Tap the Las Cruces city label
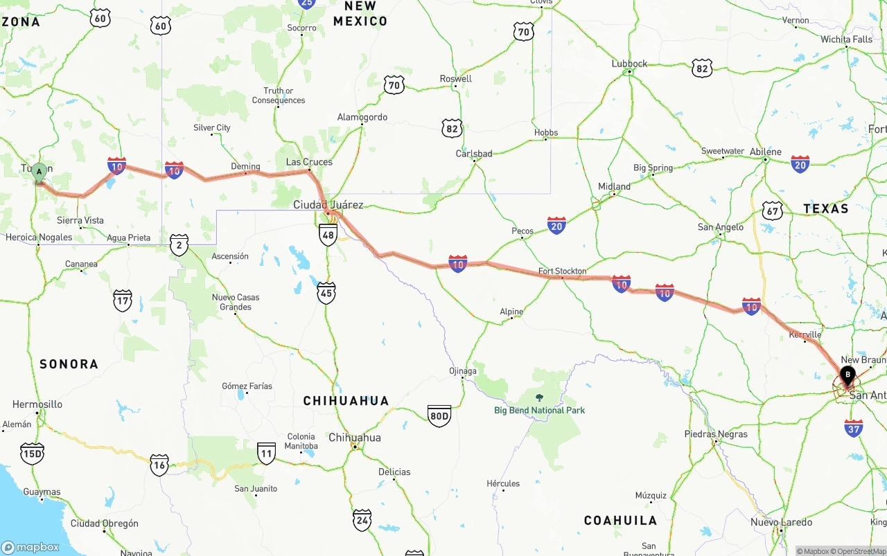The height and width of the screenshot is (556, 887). coord(309,162)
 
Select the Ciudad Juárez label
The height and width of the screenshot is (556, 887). coord(328,205)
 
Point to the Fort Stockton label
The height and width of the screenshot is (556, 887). coord(562,271)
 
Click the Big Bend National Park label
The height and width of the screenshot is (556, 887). coord(539,410)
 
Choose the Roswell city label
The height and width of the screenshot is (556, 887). coord(455,79)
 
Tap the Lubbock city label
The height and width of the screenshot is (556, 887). coord(629,64)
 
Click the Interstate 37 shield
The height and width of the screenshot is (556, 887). coord(854,428)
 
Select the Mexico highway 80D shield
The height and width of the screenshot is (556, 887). coord(439,415)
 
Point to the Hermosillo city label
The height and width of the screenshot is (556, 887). coord(37,404)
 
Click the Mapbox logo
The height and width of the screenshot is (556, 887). coord(30,547)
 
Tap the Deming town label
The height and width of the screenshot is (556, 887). coord(245,167)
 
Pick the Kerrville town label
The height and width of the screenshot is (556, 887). coord(805,334)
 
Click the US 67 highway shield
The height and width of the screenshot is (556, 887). coord(772,210)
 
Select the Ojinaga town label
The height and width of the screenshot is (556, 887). coord(463,371)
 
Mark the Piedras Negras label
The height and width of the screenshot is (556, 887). coord(716,434)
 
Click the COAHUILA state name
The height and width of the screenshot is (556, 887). coord(620,520)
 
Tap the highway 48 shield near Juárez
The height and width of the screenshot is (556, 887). coord(328,235)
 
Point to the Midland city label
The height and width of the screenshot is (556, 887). coord(614,186)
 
